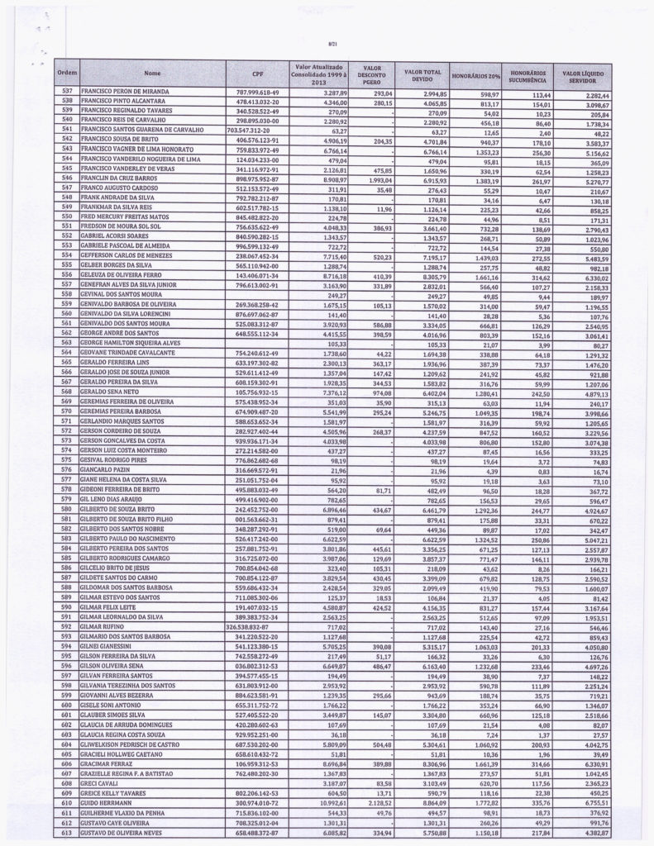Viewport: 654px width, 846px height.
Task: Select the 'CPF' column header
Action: (257, 74)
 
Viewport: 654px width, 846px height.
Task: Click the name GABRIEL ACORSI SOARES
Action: (120, 239)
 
